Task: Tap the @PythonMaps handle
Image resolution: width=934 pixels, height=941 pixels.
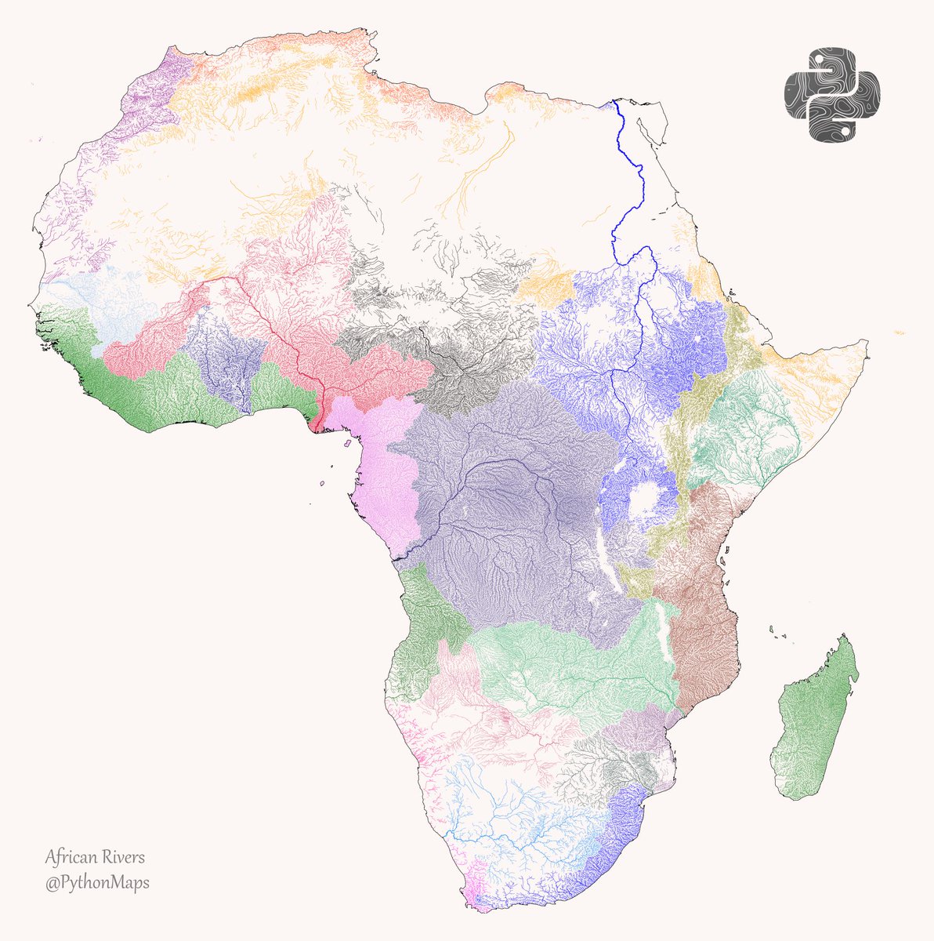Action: click(97, 883)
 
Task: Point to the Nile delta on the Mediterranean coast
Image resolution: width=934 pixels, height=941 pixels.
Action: click(614, 105)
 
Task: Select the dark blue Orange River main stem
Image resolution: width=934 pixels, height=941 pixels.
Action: click(501, 837)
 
